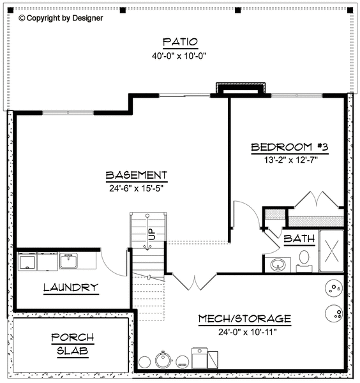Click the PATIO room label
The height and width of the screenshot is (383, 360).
[x=179, y=42]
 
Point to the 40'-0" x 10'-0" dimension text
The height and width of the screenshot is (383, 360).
[x=179, y=56]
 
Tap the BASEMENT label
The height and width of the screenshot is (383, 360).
[x=137, y=175]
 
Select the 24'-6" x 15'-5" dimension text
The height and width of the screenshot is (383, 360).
[x=137, y=188]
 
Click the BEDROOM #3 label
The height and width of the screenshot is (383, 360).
[x=290, y=147]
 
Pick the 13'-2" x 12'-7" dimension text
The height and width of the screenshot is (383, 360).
[x=290, y=160]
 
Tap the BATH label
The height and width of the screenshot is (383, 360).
[x=299, y=239]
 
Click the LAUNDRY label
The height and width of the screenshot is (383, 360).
[x=70, y=288]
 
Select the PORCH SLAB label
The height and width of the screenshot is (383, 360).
[x=71, y=343]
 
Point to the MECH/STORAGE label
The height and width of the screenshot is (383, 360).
[x=244, y=319]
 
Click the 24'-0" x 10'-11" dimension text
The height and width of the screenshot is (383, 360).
[x=244, y=331]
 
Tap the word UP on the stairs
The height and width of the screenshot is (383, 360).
[x=151, y=234]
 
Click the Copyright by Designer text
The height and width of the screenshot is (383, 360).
[x=61, y=19]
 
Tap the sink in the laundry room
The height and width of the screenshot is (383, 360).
[x=69, y=260]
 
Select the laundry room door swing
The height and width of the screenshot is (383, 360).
[x=107, y=262]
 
